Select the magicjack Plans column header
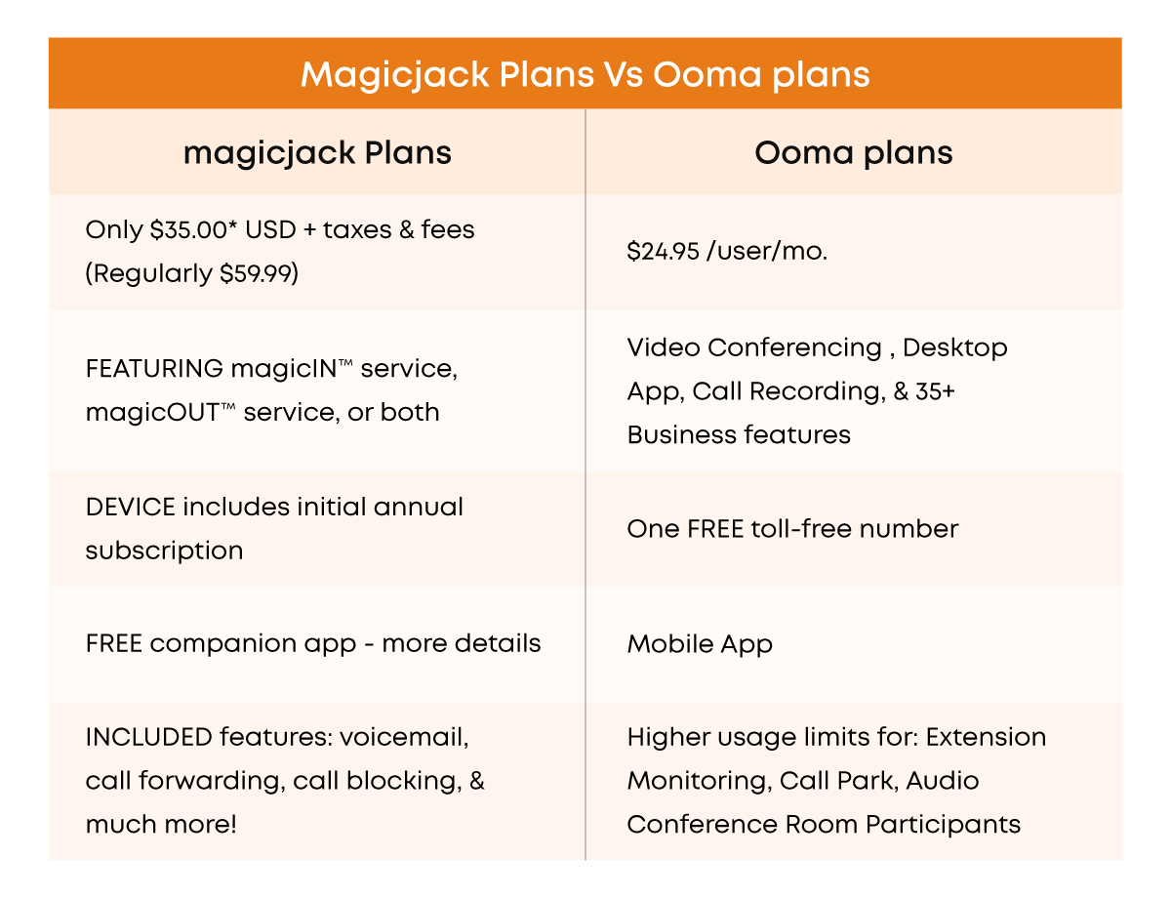click(x=317, y=153)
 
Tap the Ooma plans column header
click(x=853, y=153)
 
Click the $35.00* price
click(x=193, y=229)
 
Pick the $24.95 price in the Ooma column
click(x=663, y=251)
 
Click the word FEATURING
click(x=154, y=369)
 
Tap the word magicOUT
click(x=152, y=412)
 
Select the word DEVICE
click(x=131, y=508)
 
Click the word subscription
click(x=164, y=551)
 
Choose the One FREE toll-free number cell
click(x=792, y=529)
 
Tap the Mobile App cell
click(x=700, y=644)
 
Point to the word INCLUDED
click(x=148, y=737)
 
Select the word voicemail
click(x=404, y=737)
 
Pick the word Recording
click(x=818, y=391)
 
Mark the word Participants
click(x=943, y=825)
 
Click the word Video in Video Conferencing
click(x=664, y=347)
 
